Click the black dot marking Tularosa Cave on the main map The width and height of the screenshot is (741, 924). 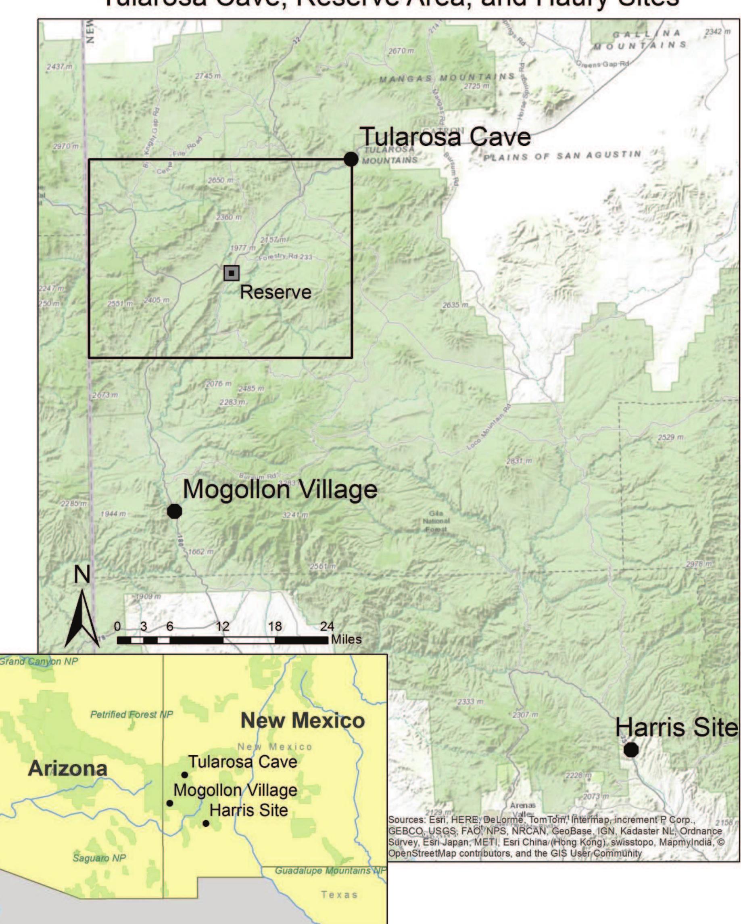(351, 159)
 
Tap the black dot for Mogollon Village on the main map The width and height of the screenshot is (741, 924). (174, 511)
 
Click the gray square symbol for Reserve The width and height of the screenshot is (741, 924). (231, 272)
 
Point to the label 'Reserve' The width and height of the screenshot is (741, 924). (276, 292)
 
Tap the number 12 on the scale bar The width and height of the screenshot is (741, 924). (222, 626)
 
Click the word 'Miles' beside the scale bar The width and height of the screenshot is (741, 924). (346, 639)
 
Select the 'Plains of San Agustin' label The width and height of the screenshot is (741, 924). (562, 156)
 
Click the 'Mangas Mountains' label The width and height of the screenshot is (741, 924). (447, 78)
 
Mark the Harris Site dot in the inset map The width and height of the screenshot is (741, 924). (206, 823)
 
